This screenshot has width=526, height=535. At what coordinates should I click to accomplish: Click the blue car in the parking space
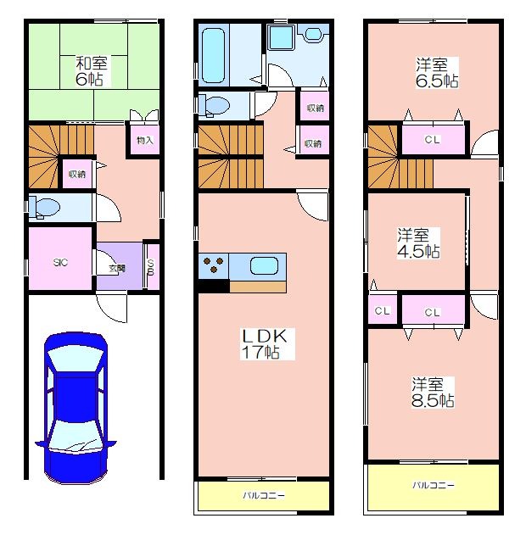pos(76,408)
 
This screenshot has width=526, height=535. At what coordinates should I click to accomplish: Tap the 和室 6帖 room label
pos(91,71)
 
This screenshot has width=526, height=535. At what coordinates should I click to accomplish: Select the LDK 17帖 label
pos(265,344)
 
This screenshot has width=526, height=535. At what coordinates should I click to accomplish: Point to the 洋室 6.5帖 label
pos(437,73)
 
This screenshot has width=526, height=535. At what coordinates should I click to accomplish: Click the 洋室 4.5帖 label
pos(418,243)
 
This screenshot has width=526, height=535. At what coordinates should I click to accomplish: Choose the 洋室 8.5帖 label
pos(433,393)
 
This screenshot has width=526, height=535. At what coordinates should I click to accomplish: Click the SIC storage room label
pos(60,262)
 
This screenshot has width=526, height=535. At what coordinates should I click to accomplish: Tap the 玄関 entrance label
pos(117,269)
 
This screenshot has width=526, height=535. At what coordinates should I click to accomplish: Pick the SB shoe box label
pos(151,267)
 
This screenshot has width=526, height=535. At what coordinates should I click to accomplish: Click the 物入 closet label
pos(145,140)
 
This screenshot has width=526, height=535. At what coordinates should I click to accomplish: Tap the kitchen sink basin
pos(264,265)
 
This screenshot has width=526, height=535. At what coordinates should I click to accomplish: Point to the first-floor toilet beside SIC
pos(44,207)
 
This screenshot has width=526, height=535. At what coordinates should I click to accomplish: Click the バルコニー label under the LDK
pos(264,495)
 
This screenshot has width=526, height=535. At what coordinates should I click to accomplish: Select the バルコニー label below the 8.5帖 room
pos(434,485)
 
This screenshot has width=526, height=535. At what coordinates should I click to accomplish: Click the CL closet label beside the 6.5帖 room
pos(433,139)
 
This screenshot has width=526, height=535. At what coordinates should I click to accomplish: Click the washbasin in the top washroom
pos(312,34)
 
